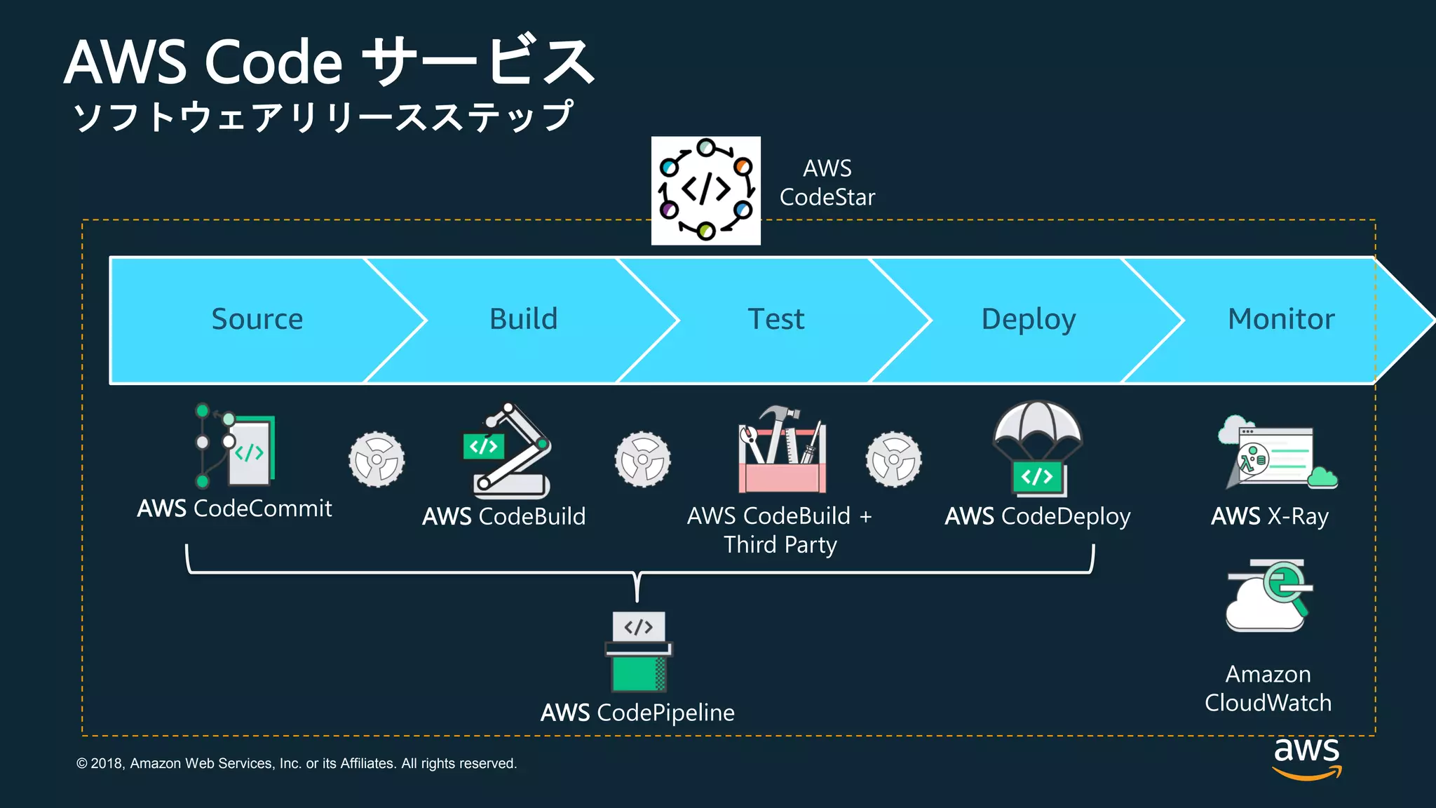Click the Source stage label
(x=257, y=319)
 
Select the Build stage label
(x=523, y=319)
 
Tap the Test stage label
(x=775, y=319)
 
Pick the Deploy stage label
(x=1028, y=319)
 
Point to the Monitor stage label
(x=1280, y=319)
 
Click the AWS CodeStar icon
(x=705, y=191)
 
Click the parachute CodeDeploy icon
(x=1038, y=447)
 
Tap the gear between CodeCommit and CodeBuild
(x=377, y=459)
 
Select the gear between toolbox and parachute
(x=893, y=459)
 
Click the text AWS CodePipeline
(x=637, y=713)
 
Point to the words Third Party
(x=780, y=545)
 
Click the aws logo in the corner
(x=1306, y=757)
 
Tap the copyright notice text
(x=296, y=763)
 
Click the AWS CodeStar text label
(x=827, y=183)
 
